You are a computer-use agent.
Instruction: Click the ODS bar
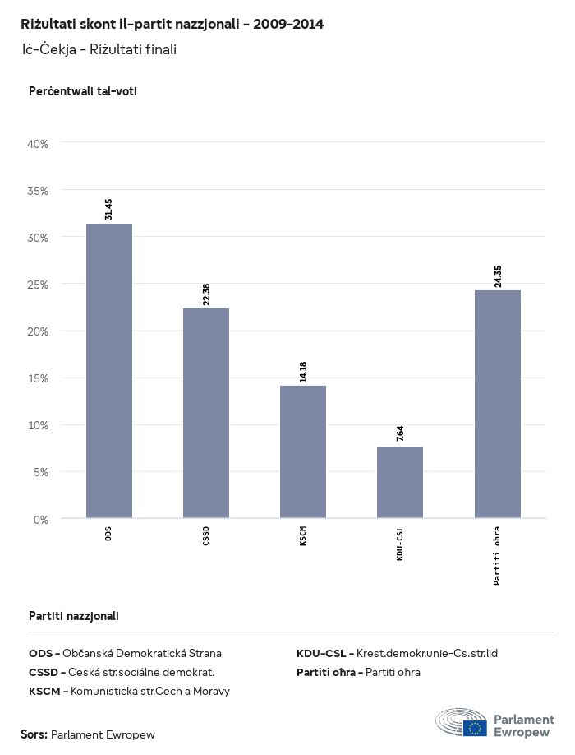109,371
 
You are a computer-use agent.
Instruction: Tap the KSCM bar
303,452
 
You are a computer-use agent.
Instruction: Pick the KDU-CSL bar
400,483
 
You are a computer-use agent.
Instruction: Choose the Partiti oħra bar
498,404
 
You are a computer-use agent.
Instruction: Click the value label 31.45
109,208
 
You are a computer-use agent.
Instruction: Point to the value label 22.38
206,294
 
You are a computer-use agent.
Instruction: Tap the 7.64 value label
400,434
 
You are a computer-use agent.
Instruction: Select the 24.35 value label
498,276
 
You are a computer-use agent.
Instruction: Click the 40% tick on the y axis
39,144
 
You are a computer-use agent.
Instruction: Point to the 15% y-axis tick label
39,378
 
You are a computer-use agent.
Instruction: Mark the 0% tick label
41,520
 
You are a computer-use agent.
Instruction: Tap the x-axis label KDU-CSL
400,544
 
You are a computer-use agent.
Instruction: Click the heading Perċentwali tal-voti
82,91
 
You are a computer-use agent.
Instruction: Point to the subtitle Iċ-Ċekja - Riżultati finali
99,50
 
